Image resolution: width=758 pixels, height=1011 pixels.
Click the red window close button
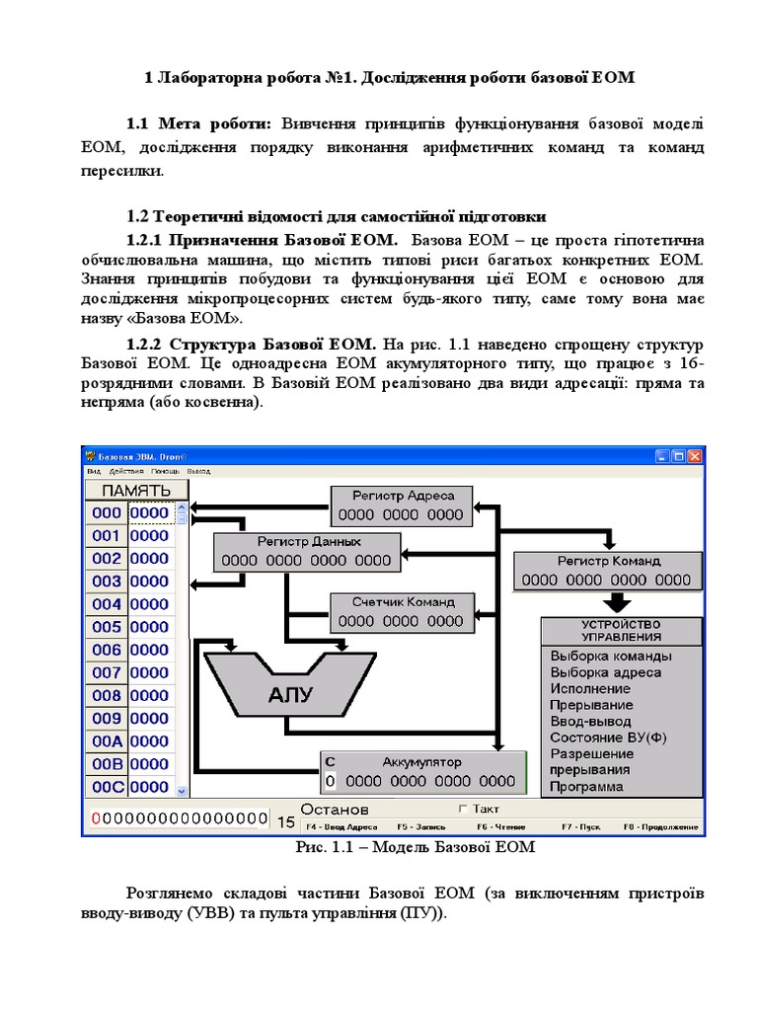pos(695,457)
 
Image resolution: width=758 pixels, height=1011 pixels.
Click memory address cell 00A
pos(107,741)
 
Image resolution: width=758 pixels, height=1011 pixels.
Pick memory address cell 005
pos(107,627)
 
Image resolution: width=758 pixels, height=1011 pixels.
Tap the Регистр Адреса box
pos(400,505)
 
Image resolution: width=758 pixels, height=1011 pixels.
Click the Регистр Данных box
pos(307,551)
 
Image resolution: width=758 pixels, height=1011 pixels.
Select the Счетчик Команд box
pos(400,612)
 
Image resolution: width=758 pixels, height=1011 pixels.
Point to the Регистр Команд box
pos(609,571)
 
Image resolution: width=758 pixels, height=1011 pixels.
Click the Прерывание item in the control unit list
pos(591,705)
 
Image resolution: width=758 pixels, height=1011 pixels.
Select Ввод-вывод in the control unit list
pos(591,722)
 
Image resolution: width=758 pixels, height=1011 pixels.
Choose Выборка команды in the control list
pos(610,656)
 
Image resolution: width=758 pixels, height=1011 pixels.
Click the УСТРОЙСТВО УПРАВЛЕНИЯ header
pos(621,631)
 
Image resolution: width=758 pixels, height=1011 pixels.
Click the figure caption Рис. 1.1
pos(415,847)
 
